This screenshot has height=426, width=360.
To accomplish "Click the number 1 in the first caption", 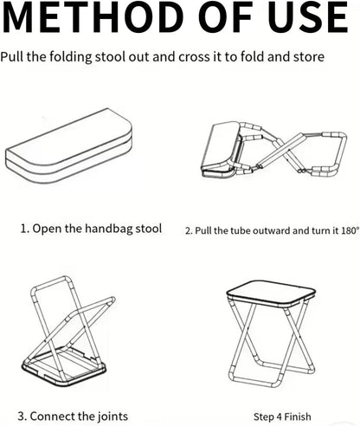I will pos(24,229).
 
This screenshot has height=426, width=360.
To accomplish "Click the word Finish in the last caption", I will pos(296,416).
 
